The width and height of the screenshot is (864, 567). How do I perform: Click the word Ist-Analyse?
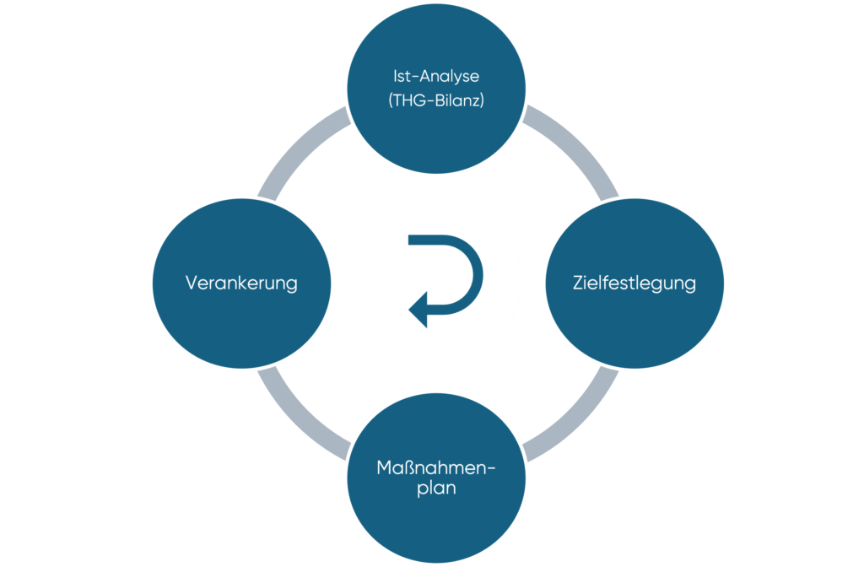436,77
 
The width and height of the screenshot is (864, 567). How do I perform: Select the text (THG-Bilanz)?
436,100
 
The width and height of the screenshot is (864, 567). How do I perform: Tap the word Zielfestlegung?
634,283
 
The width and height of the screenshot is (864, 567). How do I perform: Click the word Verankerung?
241,283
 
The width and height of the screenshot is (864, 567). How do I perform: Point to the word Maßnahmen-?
436,467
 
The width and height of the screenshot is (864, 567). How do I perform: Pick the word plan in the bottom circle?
436,489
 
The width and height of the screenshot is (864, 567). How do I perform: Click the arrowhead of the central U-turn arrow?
418,310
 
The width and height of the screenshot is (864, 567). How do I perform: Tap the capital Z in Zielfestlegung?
579,283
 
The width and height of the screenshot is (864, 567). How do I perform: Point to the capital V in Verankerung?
192,283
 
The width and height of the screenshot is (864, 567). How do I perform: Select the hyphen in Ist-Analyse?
415,78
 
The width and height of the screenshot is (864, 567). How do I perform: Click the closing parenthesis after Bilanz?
482,100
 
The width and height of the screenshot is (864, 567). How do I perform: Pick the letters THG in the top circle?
409,100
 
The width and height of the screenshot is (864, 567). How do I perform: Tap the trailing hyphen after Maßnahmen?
491,469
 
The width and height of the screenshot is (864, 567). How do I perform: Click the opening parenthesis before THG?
391,100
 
